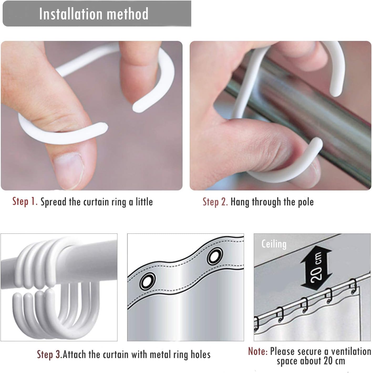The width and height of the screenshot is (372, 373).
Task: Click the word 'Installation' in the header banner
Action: click(x=71, y=14)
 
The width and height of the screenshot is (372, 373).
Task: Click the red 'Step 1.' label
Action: click(x=25, y=201)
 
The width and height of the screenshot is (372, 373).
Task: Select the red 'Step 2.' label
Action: click(x=215, y=202)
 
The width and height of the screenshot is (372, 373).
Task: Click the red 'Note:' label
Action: click(x=258, y=351)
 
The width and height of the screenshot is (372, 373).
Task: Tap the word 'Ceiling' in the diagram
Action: click(x=274, y=244)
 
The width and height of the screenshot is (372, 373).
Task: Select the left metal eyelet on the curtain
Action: click(x=148, y=281)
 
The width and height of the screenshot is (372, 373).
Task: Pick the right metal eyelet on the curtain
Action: click(x=214, y=257)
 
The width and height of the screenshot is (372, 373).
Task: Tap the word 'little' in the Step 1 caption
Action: click(x=144, y=202)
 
